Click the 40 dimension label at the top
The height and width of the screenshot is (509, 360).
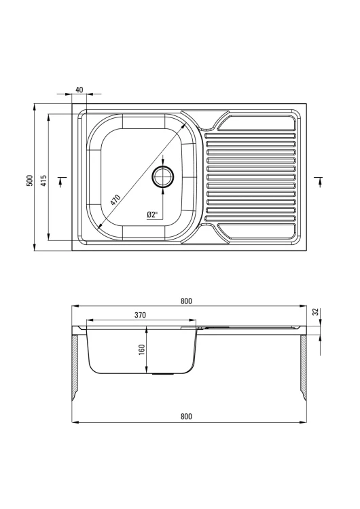(79, 90)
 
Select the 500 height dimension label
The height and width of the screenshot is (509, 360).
(30, 181)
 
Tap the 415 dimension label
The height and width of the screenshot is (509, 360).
(44, 181)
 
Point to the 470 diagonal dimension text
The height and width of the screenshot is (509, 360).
(115, 200)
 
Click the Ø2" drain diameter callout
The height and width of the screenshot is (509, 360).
(152, 214)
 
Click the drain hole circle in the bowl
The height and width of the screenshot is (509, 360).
(163, 176)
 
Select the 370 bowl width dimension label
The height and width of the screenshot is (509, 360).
(141, 315)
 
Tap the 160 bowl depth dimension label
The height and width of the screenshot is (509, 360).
(141, 350)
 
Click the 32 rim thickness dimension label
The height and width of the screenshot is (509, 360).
(315, 312)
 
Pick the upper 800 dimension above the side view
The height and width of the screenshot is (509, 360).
(186, 301)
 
